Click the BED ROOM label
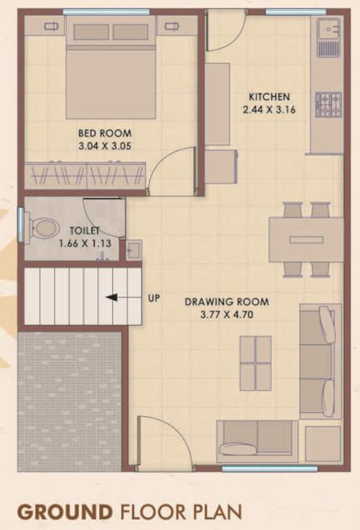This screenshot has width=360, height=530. [x=105, y=133]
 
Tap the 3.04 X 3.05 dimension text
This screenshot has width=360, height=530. [x=105, y=146]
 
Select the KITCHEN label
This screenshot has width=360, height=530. [x=269, y=97]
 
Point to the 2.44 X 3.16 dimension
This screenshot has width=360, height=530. [x=269, y=109]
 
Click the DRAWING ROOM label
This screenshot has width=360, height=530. [x=226, y=302]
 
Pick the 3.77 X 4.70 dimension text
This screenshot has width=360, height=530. [x=226, y=314]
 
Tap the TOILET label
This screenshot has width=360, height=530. [x=84, y=230]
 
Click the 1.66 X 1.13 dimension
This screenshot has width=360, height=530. [x=84, y=243]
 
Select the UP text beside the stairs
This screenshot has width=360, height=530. [x=154, y=298]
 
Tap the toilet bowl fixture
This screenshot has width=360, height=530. [x=44, y=228]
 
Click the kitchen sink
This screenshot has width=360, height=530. [x=328, y=37]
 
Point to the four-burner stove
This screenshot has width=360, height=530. [x=328, y=104]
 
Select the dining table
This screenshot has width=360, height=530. [x=306, y=239]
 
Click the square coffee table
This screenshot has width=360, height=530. [x=255, y=363]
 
